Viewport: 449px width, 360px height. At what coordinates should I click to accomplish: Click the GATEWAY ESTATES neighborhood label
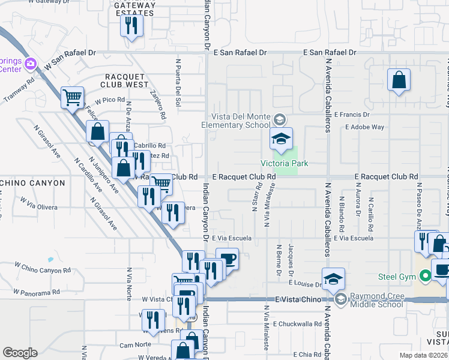coord(135,8)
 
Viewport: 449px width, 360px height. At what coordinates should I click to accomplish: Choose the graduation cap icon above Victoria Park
coord(280,139)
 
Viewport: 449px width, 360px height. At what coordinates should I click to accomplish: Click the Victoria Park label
coord(280,163)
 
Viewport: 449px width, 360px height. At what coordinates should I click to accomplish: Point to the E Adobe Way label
coord(364,127)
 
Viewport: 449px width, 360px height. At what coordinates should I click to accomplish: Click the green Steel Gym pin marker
coord(426,277)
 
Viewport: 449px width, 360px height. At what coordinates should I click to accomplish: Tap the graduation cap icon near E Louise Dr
coord(333,278)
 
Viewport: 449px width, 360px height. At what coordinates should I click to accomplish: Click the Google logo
coord(20,353)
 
